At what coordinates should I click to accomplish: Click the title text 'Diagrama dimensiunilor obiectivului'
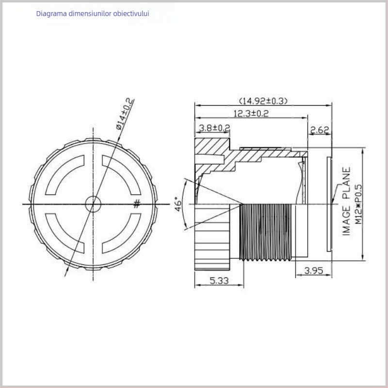[93, 14]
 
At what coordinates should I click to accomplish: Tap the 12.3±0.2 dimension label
[251, 113]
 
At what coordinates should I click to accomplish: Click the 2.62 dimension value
[320, 129]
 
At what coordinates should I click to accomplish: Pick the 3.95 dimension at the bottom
[314, 271]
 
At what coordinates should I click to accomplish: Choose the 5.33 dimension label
[219, 280]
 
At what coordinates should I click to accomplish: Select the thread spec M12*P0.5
[358, 202]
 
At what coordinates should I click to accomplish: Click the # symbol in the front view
[137, 204]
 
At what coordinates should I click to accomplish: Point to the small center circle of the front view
[93, 204]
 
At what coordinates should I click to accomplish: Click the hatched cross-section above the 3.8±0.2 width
[212, 145]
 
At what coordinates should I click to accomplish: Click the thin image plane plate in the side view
[330, 204]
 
